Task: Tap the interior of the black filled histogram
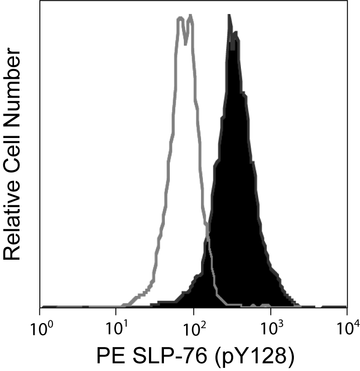pyautogui.click(x=235, y=181)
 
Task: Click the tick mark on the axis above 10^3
pyautogui.click(x=270, y=311)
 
